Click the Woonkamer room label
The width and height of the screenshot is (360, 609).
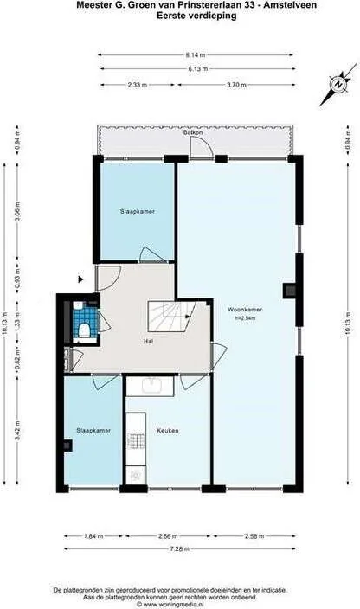click(246, 309)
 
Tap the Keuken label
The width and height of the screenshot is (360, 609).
click(167, 430)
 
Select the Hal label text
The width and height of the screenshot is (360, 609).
click(149, 341)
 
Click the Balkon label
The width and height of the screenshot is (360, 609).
click(193, 133)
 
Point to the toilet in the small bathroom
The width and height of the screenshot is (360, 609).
click(83, 328)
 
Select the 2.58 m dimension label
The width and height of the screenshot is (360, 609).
click(251, 535)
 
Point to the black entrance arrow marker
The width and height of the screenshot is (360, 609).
click(80, 279)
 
